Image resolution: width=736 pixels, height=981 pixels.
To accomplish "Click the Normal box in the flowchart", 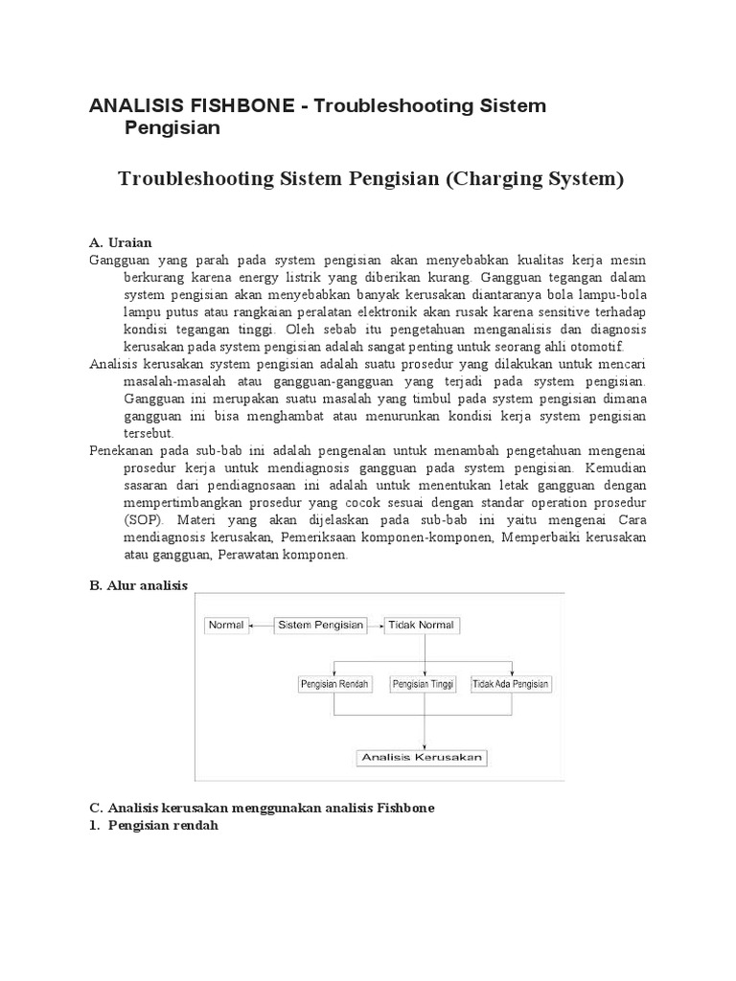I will coord(225,626).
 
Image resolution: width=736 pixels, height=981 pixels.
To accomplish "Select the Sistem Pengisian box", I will coord(320,626).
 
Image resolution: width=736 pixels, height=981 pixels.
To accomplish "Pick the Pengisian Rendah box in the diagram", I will coord(334,685).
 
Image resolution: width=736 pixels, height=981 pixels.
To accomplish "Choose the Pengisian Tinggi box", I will coord(424,685).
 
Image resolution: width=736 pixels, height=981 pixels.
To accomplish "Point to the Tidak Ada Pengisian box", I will coord(511,685).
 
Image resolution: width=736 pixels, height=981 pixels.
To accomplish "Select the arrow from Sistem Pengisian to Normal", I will coord(262,626).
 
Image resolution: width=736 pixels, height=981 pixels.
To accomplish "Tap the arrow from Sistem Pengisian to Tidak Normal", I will coord(376,626).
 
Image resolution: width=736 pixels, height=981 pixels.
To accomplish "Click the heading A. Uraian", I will coord(120,242).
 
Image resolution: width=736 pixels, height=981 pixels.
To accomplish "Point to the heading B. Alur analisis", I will coord(138,585).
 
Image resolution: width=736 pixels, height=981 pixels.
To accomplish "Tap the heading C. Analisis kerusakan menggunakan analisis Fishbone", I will coord(262,808).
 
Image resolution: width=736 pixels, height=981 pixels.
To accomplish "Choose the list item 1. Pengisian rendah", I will coord(154,825).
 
